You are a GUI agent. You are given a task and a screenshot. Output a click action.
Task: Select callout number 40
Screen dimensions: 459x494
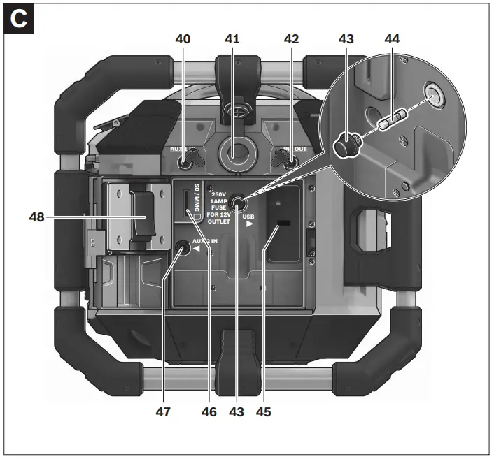click(x=183, y=41)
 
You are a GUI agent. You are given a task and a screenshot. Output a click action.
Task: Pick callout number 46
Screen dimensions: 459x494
click(x=208, y=411)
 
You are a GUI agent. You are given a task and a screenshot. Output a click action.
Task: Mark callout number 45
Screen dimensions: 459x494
click(x=264, y=411)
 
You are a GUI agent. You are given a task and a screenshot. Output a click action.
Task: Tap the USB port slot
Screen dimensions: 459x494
click(x=283, y=224)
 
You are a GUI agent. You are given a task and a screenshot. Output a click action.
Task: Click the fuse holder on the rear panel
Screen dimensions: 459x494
click(x=239, y=204)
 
